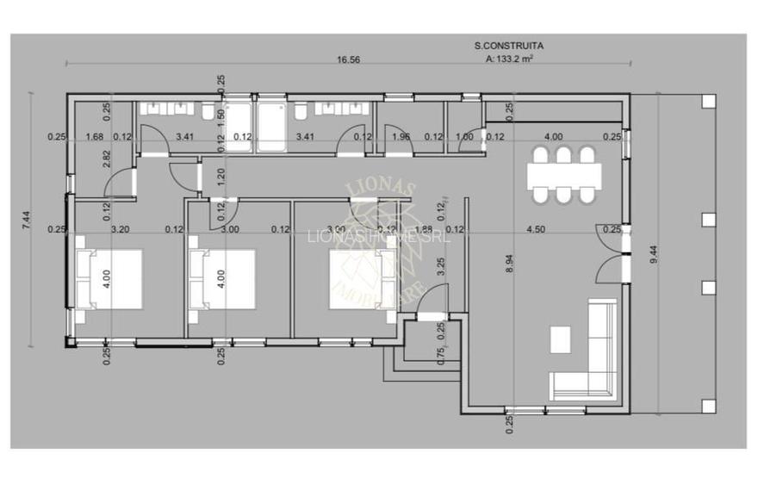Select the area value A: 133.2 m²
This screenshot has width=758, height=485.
click(509, 59)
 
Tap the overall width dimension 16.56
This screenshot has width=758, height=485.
click(348, 59)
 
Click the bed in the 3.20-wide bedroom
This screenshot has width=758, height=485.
click(109, 279)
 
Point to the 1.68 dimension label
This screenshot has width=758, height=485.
click(95, 136)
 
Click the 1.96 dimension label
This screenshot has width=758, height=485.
click(401, 136)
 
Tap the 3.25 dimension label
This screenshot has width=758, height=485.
click(441, 267)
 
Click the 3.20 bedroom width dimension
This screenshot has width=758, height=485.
click(121, 229)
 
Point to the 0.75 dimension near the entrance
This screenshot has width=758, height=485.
click(441, 357)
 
